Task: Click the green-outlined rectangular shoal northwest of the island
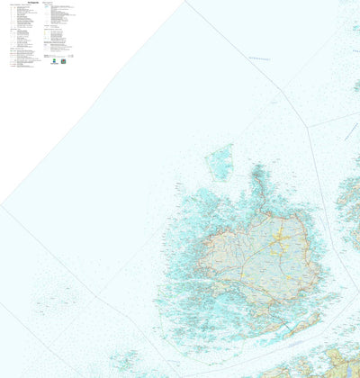tap(220, 162)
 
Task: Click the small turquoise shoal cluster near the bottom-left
tap(125, 361)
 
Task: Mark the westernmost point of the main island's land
tap(199, 261)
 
